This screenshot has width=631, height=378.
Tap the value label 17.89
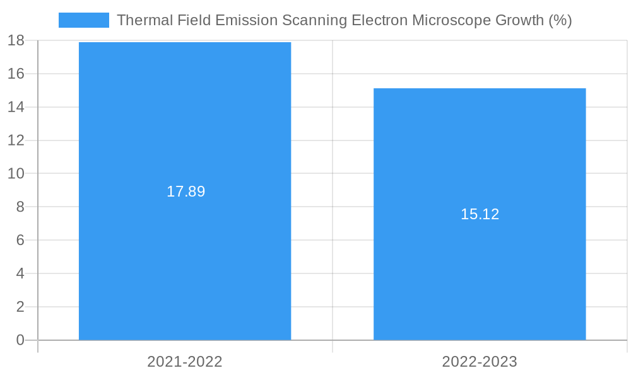pyautogui.click(x=186, y=192)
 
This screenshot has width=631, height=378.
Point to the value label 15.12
pyautogui.click(x=480, y=214)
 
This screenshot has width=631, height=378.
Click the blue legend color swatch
pyautogui.click(x=83, y=20)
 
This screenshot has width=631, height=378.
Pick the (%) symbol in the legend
pyautogui.click(x=560, y=20)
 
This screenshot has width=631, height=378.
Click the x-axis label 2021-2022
pyautogui.click(x=185, y=362)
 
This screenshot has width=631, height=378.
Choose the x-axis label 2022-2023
pyautogui.click(x=480, y=362)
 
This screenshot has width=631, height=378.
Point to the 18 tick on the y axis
pyautogui.click(x=16, y=41)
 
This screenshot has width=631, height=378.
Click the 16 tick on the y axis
pyautogui.click(x=16, y=74)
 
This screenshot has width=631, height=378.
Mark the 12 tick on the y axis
pyautogui.click(x=16, y=140)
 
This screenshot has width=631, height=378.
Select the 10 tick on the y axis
pyautogui.click(x=16, y=173)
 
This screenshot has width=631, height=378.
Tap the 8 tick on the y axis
pyautogui.click(x=20, y=207)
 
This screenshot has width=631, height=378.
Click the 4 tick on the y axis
pyautogui.click(x=20, y=273)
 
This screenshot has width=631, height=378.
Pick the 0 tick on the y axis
pyautogui.click(x=20, y=340)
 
